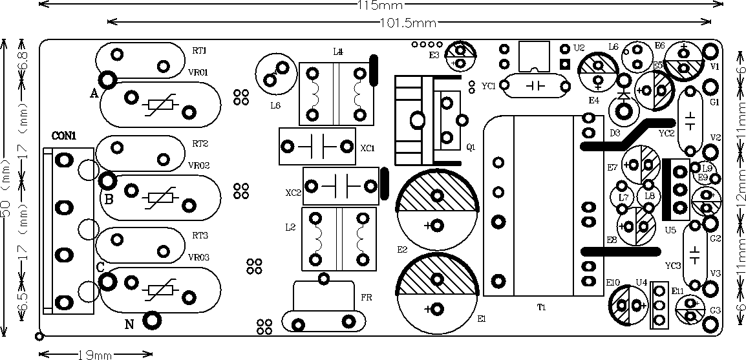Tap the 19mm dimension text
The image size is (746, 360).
(x=95, y=354)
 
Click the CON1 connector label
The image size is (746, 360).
(x=63, y=136)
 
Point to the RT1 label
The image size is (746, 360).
(x=199, y=51)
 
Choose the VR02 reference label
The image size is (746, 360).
(x=198, y=165)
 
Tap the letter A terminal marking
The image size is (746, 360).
(x=94, y=93)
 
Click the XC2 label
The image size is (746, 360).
(x=293, y=193)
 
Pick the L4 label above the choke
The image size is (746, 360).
(x=337, y=52)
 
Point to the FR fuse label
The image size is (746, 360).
(x=366, y=297)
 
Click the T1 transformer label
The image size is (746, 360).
(x=542, y=308)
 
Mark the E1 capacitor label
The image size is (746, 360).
(x=481, y=319)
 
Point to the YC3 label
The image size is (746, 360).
(x=672, y=266)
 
